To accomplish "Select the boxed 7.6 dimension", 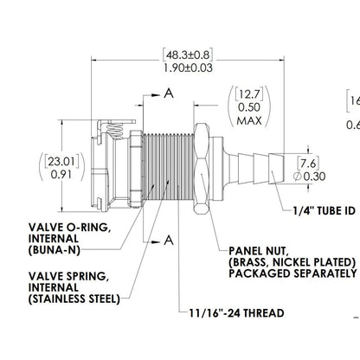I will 309,162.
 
